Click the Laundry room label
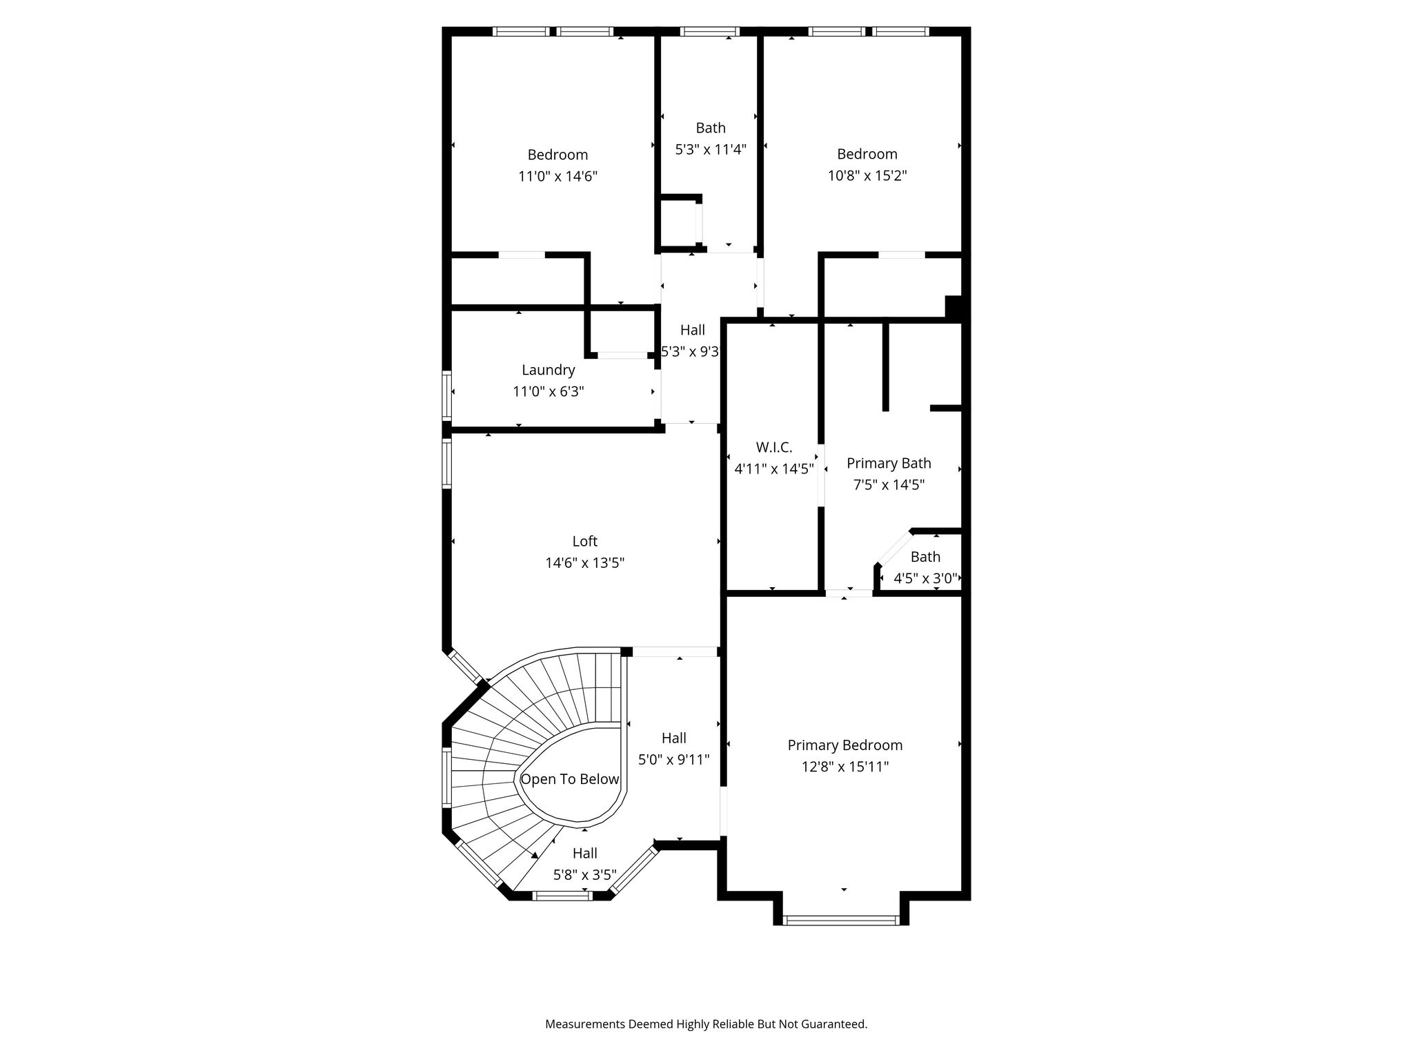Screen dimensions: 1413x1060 548,371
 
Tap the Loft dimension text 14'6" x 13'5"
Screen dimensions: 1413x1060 585,563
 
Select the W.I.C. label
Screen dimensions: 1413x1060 774,447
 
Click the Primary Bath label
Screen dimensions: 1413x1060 889,463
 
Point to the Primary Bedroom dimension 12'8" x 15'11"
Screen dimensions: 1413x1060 845,767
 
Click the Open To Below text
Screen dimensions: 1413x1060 570,780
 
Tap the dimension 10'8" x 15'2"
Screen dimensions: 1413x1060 867,176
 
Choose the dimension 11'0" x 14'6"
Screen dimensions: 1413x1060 557,177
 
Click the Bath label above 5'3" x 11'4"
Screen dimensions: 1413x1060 711,128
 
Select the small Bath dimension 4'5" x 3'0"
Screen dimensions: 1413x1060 925,578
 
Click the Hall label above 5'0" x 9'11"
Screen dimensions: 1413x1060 674,738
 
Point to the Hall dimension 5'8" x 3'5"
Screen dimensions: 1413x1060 585,875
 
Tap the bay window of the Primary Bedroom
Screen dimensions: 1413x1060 842,920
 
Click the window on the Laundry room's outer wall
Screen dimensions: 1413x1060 447,395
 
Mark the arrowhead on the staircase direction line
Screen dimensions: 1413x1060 534,856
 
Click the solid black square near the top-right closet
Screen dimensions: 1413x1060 953,306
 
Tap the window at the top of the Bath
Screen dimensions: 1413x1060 710,31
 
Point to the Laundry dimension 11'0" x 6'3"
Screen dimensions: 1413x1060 549,392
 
